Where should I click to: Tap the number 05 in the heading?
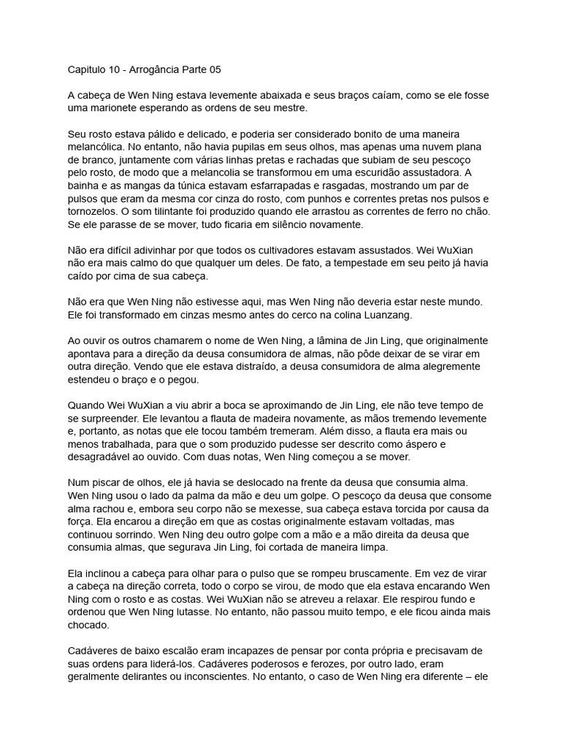[x=213, y=70]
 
